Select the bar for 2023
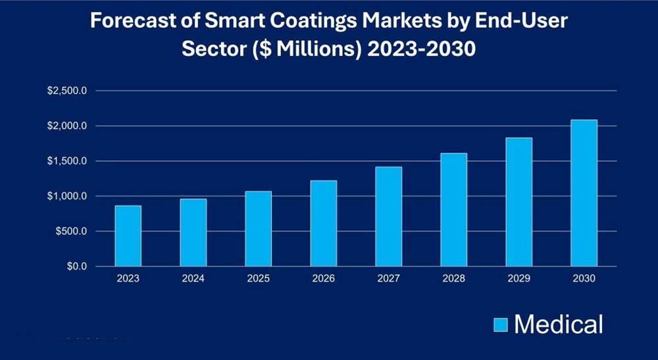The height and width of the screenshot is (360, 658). point(128,236)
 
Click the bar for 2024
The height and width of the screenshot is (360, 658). point(193,233)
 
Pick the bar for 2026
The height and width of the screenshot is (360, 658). point(324,224)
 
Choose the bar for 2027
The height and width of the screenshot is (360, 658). point(389,217)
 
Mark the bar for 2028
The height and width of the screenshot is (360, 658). point(454,210)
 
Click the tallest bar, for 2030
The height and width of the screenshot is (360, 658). point(584,193)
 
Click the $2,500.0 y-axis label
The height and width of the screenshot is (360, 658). point(67,91)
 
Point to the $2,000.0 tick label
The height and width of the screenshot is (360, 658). point(67,126)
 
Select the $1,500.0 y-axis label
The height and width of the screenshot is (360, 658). point(67,161)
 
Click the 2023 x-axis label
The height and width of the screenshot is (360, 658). point(128,279)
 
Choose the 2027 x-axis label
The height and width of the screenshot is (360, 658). point(389,279)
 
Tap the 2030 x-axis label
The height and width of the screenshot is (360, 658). point(584,279)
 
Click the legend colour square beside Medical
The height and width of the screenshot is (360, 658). point(501,324)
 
